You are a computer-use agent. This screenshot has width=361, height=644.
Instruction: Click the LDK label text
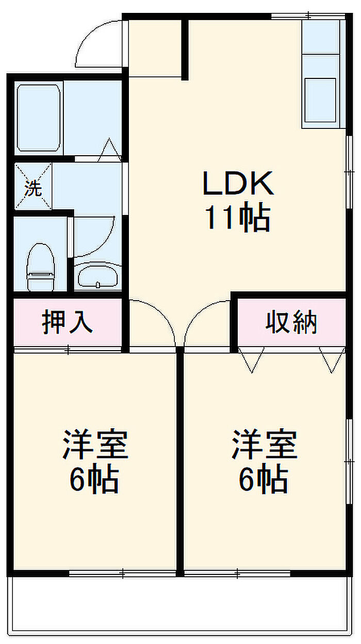(x=238, y=183)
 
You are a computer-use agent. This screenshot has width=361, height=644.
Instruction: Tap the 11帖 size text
(x=238, y=217)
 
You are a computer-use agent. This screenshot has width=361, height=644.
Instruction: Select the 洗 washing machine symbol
(x=33, y=186)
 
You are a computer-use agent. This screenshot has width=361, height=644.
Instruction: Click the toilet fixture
(x=41, y=267)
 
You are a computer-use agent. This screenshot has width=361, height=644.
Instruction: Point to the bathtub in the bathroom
(x=39, y=118)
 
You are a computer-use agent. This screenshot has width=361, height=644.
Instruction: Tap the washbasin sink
(x=98, y=276)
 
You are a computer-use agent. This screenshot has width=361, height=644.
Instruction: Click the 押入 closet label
(x=67, y=322)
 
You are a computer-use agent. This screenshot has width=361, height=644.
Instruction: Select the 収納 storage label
(x=291, y=322)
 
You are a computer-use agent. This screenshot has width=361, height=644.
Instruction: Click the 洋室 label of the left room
(x=95, y=443)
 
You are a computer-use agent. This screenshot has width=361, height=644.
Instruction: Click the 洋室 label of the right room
(x=265, y=443)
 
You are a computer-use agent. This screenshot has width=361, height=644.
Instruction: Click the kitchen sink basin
(x=320, y=101)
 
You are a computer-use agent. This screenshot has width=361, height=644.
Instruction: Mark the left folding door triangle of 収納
(x=251, y=360)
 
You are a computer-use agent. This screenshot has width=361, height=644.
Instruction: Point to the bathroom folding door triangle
(x=110, y=150)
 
